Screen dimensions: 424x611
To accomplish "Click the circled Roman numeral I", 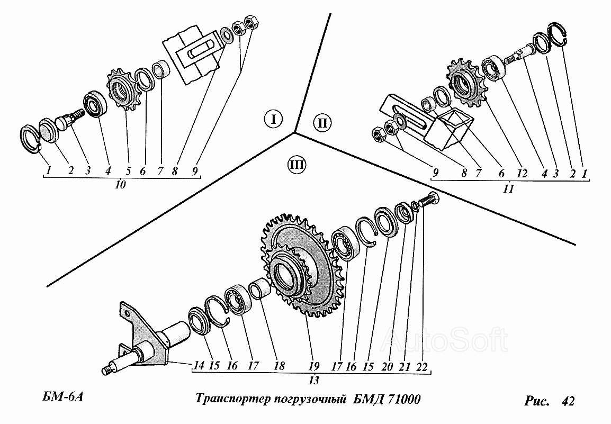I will tap(273, 119).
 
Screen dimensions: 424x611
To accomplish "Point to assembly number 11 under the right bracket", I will tap(508, 188).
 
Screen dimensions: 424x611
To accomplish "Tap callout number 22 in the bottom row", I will tap(422, 365).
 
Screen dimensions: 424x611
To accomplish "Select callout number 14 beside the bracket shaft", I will tap(199, 365).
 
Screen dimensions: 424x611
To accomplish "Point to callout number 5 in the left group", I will tap(128, 171).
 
